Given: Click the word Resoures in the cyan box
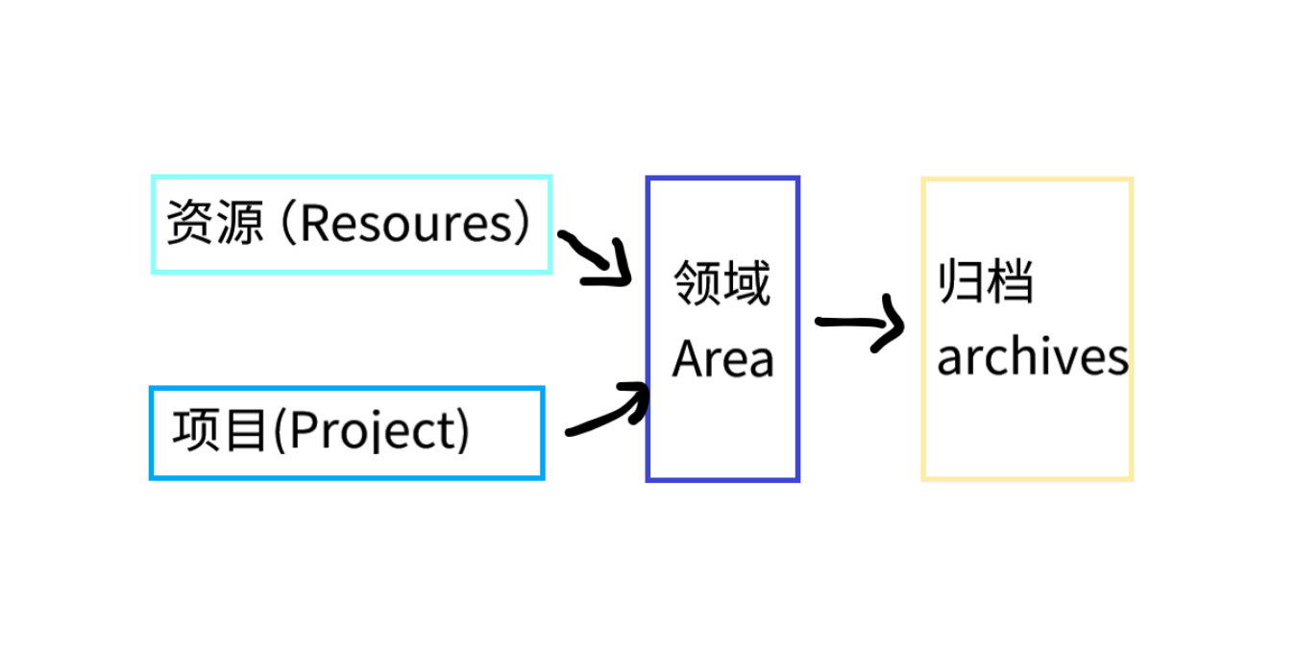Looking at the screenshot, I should click(407, 224).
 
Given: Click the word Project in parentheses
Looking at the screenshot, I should click(371, 431).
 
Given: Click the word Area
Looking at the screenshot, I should click(722, 360).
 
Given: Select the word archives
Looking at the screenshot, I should click(1032, 357).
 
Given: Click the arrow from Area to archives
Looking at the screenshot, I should click(860, 324).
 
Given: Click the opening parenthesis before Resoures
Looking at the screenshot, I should click(285, 224).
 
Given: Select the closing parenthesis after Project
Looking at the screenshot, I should click(464, 431).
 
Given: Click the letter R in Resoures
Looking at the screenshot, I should click(313, 224).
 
